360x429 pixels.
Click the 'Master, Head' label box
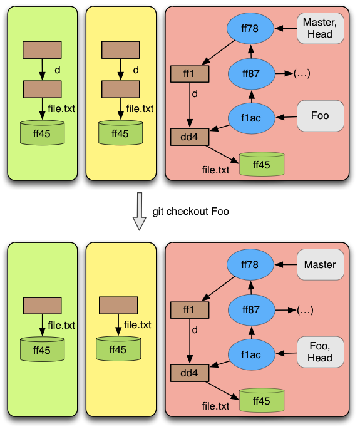pos(321,28)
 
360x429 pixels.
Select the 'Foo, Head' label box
pos(321,352)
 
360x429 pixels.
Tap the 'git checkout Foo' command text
pos(191,212)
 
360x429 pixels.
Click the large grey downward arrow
pos(139,211)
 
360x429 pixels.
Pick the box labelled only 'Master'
pos(321,264)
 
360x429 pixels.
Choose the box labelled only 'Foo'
pos(321,116)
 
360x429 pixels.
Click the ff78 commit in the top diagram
pos(250,28)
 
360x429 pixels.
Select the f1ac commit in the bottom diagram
pos(252,354)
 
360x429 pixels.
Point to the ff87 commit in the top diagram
pos(252,74)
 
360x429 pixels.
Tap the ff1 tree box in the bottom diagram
pos(190,310)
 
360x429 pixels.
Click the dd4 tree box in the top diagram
pos(190,137)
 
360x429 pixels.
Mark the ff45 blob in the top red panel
pos(262,164)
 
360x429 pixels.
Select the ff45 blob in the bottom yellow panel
pos(118,349)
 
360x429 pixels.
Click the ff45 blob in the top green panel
pos(42,133)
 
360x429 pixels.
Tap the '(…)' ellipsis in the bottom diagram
pos(305,310)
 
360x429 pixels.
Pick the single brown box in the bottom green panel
pos(43,306)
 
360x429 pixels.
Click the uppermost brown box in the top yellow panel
pos(121,50)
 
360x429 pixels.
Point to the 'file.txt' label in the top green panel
pos(61,108)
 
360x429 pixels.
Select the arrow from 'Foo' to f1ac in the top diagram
pos(286,117)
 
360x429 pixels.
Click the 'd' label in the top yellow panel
pos(136,70)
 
